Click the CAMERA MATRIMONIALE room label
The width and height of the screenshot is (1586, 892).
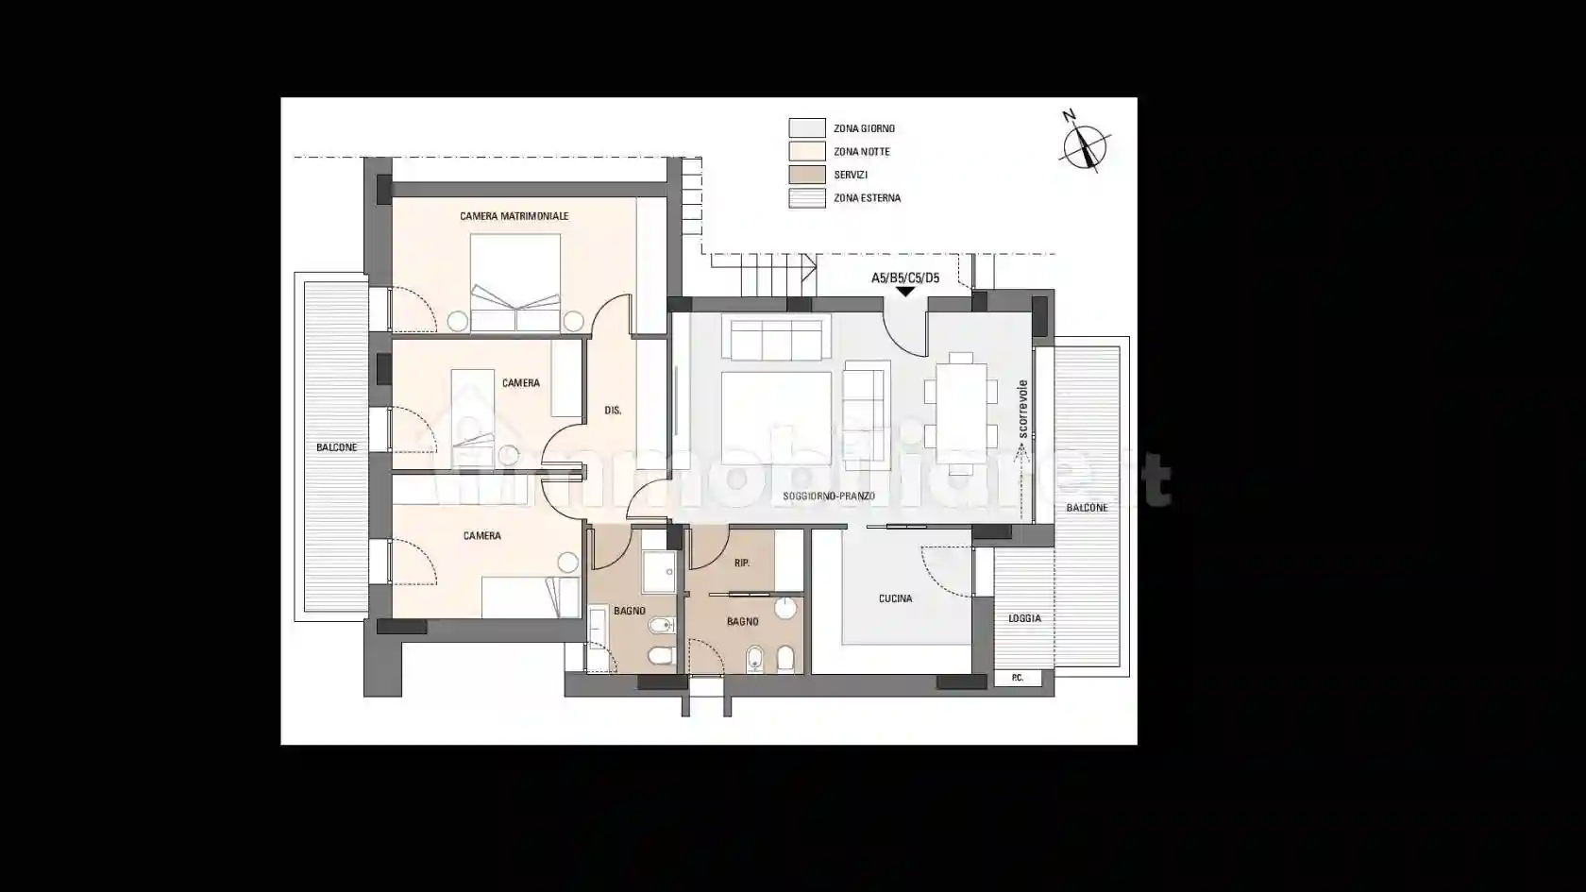pos(514,216)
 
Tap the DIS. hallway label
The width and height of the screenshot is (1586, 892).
pos(614,411)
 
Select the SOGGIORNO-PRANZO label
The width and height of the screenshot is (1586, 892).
pos(829,496)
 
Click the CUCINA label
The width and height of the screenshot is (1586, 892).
pos(896,598)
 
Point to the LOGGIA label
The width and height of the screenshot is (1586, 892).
pos(1024,619)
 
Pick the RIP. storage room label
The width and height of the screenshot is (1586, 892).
pos(742,564)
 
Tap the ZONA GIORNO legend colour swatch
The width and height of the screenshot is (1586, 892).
pos(807,128)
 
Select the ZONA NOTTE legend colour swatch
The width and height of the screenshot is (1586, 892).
pos(807,151)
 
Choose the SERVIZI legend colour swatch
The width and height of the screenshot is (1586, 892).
pos(807,175)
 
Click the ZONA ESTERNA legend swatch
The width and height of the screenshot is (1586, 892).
pos(807,198)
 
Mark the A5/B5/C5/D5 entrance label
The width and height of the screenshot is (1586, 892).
pos(905,278)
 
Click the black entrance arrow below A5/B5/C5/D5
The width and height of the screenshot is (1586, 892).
pos(905,292)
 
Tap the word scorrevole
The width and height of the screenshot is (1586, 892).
pos(1023,410)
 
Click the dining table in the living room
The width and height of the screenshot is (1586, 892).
pos(961,414)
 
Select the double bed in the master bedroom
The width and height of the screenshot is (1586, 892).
pos(515,282)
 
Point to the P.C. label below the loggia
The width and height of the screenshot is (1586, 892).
pos(1018,678)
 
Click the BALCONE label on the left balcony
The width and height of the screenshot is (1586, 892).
pos(337,447)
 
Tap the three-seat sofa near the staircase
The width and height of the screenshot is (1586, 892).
pos(776,339)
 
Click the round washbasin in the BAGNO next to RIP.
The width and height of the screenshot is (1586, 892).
pos(785,608)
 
